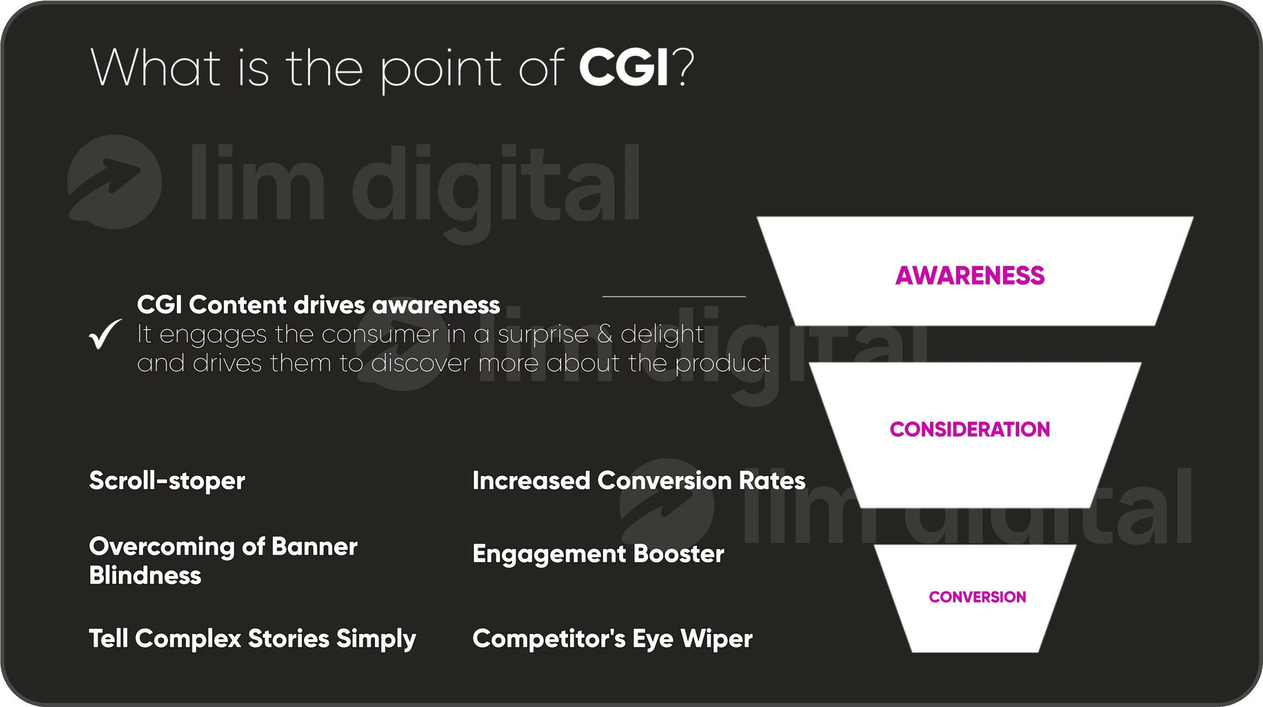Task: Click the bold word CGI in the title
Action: point(624,68)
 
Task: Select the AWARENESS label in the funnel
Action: point(970,276)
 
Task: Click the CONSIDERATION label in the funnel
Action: point(970,429)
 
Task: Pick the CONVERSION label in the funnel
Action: point(977,597)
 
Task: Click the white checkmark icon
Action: point(105,334)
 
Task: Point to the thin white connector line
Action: point(674,296)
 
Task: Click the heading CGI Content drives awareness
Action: point(319,305)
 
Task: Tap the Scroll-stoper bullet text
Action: point(167,481)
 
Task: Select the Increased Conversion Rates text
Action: point(639,480)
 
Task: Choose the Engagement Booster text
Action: point(598,554)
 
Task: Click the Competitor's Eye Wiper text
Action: point(613,639)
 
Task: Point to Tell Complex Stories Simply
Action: point(253,639)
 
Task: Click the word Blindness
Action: point(145,575)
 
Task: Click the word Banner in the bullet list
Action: point(314,547)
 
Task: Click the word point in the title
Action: point(441,70)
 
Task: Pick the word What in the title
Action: point(155,68)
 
